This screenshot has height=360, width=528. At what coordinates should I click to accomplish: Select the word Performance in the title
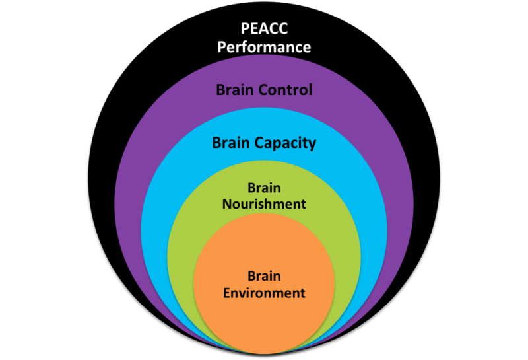point(264,48)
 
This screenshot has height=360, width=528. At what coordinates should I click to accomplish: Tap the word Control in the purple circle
point(285,90)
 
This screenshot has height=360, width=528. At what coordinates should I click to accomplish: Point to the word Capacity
point(286,143)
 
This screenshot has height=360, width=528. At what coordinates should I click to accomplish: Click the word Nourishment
point(264,204)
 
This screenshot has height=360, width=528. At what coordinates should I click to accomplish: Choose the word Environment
point(264,293)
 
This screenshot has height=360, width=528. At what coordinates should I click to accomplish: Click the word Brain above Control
point(236,90)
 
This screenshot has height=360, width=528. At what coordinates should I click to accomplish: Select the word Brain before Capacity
point(232,143)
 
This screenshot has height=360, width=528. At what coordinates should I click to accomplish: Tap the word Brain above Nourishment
point(264,188)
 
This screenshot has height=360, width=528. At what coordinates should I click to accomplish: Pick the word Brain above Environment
point(264,276)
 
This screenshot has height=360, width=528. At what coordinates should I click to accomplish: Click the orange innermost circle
point(264,317)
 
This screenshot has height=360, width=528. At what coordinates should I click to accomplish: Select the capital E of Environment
point(227,293)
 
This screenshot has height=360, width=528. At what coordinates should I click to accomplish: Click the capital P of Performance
point(222,48)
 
